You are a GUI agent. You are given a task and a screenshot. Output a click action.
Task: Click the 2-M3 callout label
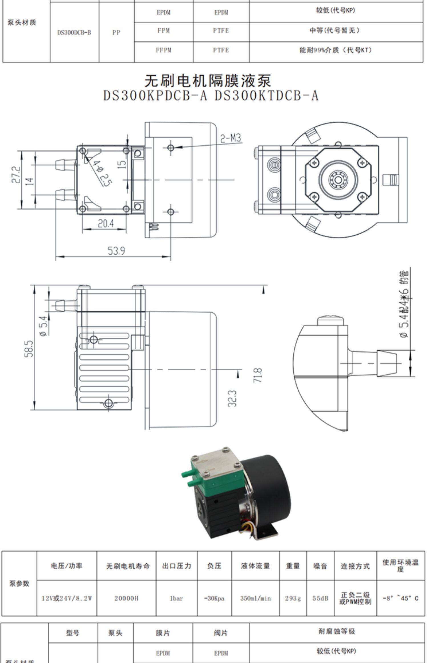231,138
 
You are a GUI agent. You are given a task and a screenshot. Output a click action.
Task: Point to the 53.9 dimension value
116,251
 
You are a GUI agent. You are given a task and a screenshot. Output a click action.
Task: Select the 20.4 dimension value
106,223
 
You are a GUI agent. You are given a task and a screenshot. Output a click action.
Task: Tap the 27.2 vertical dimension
16,175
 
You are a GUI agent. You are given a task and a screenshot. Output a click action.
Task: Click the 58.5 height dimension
29,348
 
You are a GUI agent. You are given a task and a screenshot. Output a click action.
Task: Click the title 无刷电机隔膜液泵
208,81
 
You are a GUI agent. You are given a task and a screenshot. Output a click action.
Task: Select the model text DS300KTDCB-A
266,96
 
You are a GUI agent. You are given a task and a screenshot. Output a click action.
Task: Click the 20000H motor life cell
126,598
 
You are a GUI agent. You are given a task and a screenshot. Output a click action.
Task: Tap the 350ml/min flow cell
255,598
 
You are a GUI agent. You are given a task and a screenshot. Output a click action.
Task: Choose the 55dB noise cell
320,598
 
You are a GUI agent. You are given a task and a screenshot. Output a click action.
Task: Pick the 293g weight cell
293,598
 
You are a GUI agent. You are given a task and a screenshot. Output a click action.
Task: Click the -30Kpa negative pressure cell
214,598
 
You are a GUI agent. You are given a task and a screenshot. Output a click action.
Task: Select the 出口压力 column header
176,566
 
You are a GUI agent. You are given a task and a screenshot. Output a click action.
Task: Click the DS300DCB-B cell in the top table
74,33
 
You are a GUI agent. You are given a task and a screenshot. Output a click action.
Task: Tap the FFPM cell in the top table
163,50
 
